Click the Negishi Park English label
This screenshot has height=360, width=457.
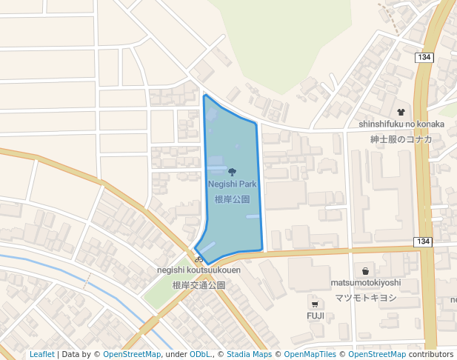tap(232, 184)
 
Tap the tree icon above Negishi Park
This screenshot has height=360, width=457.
tap(233, 172)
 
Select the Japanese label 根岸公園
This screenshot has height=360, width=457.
tap(232, 199)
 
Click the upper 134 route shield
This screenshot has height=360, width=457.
tap(424, 57)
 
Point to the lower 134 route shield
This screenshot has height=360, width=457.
tap(423, 242)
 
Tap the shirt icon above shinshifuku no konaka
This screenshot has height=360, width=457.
tap(401, 112)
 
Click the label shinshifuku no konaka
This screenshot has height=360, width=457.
tap(401, 124)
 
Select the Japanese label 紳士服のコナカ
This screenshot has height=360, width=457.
tap(401, 139)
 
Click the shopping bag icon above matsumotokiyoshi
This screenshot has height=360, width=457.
tap(365, 271)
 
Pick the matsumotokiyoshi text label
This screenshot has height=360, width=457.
tap(365, 282)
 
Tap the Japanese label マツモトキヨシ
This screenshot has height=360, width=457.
tap(365, 298)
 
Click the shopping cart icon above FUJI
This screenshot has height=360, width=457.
tap(316, 304)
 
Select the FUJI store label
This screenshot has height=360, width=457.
tap(316, 316)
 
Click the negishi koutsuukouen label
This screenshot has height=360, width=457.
tap(199, 270)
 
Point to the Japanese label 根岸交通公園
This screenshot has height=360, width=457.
tap(199, 285)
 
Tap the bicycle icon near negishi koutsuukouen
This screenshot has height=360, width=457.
tap(199, 259)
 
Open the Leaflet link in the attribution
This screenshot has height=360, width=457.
tap(41, 354)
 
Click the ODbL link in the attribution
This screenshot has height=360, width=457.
tap(201, 354)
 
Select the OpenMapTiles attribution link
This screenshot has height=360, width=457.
tap(310, 354)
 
